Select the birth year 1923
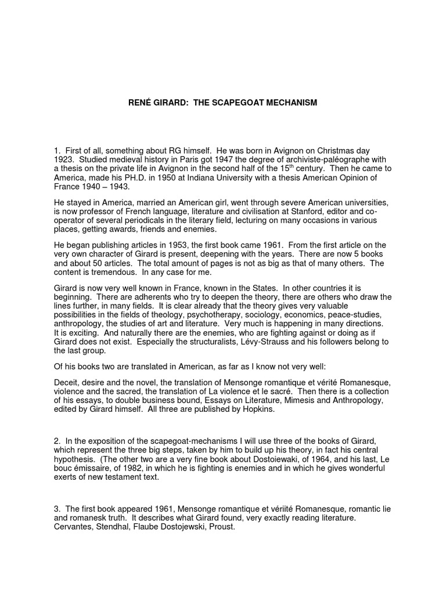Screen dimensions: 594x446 pos(63,160)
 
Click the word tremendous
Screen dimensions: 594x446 pos(106,273)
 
